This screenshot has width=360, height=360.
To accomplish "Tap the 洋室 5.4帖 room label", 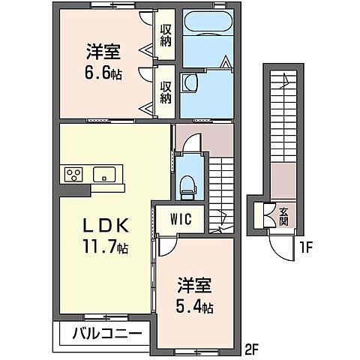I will (x=193, y=295).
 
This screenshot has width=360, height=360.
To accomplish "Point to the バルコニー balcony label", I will (x=105, y=331).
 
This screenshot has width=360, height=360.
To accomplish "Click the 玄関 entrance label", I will (x=283, y=216).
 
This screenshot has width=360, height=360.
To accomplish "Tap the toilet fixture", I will (x=188, y=182).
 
